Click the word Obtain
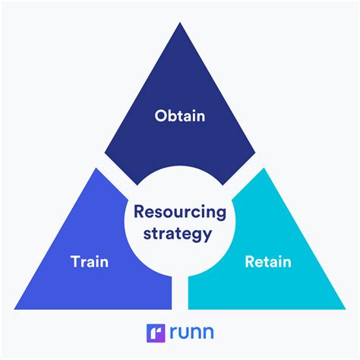coord(179,116)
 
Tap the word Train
coord(89,263)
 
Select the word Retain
coord(267,263)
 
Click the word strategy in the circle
coord(179,234)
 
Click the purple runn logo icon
coord(156,332)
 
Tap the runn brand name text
coord(191,333)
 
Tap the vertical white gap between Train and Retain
coord(179,292)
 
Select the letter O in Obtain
coord(160,116)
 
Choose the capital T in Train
coord(74,263)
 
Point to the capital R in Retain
coord(249,263)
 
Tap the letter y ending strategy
coord(207,236)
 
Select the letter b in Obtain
coord(171,116)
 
